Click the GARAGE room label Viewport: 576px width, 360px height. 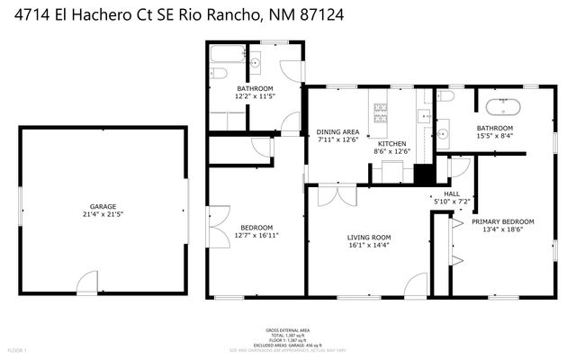click(103, 206)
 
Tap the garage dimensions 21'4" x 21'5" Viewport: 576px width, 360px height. click(103, 215)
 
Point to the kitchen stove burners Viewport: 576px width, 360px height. click(380, 113)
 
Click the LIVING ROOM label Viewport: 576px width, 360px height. click(369, 238)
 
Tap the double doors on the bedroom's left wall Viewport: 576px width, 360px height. click(217, 226)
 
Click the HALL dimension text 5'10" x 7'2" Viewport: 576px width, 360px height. click(452, 202)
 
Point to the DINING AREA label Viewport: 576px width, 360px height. click(337, 131)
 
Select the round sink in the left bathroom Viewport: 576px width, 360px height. click(255, 62)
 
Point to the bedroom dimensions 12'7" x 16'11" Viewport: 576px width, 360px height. click(255, 235)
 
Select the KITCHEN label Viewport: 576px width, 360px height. click(391, 144)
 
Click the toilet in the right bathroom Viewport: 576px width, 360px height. click(446, 95)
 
